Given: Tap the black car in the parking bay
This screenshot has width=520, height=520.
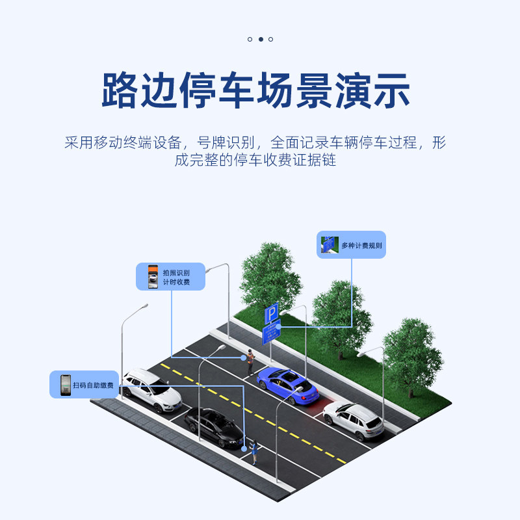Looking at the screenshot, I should (214, 426).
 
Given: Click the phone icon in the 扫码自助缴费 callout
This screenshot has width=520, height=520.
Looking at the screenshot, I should (65, 384).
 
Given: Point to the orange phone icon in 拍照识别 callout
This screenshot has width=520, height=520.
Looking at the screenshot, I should (153, 276).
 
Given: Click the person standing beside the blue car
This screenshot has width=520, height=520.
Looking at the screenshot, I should (250, 361).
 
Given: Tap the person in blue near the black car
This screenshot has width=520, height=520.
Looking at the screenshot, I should (254, 450).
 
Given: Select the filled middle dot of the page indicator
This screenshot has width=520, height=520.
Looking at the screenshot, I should (261, 39).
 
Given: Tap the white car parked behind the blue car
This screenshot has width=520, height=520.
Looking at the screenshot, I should (354, 419).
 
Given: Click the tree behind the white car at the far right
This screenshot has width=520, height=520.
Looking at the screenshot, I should (411, 354).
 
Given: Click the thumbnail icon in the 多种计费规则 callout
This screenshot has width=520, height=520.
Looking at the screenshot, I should (330, 245).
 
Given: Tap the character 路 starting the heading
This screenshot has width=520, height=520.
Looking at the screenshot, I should (120, 91).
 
